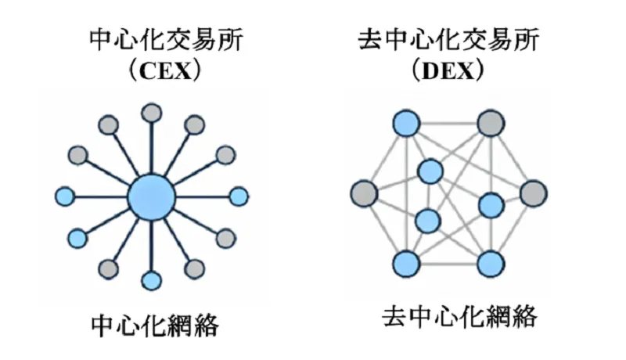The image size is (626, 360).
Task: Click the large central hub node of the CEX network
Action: pos(151,195)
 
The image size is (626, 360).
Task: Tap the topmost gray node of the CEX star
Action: pos(152,112)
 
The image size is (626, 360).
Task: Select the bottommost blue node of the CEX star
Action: pos(152,279)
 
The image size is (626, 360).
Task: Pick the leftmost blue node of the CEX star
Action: pos(67,196)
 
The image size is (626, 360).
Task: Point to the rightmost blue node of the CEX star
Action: pos(238,196)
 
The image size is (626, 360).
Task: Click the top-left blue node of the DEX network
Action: pos(405,122)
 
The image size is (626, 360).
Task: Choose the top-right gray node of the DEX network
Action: pos(491,122)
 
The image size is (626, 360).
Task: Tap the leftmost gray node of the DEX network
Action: pos(364,193)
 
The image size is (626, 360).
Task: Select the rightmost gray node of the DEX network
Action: pos(533,193)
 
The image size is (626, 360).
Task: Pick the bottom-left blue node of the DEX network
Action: pos(405,263)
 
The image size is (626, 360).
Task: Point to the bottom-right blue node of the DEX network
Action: pos(491,263)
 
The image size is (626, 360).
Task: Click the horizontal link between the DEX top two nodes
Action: pos(448,122)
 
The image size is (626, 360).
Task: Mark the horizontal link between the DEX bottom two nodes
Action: pos(448,263)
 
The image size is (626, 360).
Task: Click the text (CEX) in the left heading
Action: pos(166,72)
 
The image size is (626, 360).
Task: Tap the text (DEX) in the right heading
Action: pos(448,72)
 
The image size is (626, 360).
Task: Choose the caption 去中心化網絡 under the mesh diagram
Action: pos(460,317)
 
